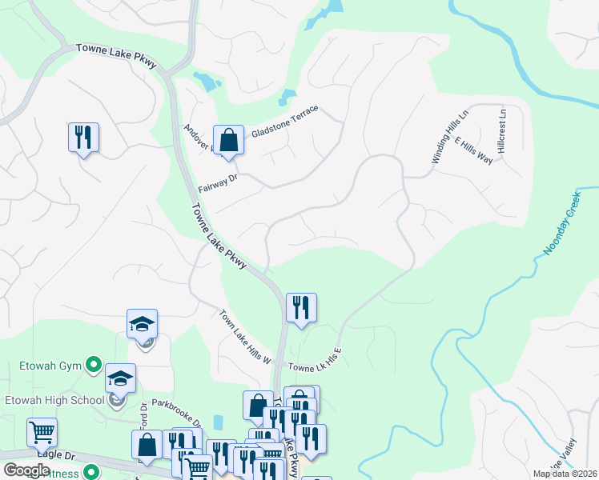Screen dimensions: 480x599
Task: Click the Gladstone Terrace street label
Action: [x=285, y=121]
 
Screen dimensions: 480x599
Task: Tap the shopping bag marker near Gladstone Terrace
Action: [x=228, y=140]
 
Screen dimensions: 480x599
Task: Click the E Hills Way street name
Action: [x=473, y=150]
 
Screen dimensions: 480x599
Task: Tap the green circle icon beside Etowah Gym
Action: [x=94, y=366]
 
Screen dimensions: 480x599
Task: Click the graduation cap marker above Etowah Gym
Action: [x=141, y=324]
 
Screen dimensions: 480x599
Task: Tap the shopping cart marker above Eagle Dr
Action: [x=42, y=433]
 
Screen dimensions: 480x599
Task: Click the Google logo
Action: [x=27, y=470]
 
